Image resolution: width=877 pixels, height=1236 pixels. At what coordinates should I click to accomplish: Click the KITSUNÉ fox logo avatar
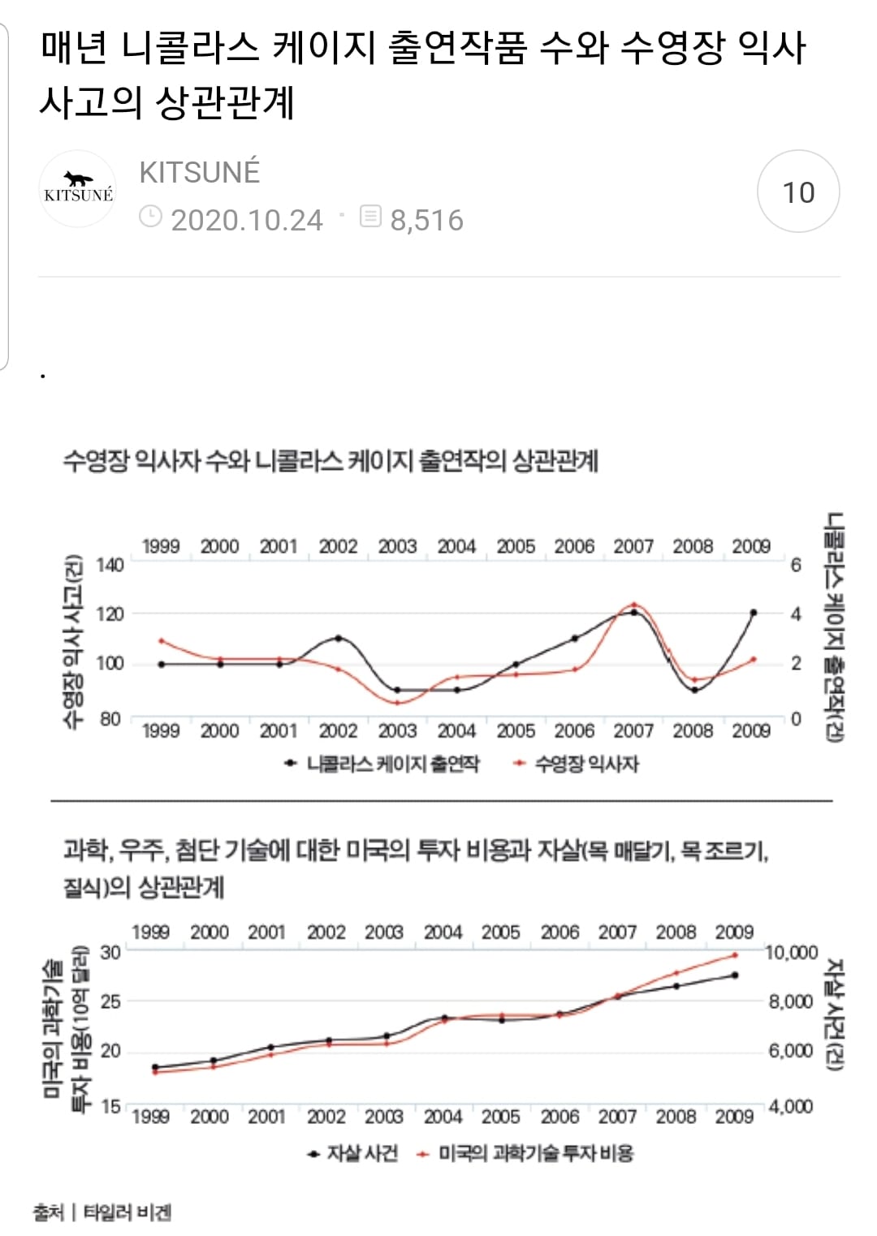point(79,190)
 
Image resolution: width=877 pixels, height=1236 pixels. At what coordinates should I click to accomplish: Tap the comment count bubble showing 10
point(797,192)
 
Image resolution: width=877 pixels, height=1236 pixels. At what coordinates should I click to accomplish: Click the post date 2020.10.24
point(246,220)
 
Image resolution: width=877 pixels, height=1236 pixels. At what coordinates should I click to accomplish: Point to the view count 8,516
point(426,220)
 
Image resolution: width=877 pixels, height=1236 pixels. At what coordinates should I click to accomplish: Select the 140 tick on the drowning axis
point(110,565)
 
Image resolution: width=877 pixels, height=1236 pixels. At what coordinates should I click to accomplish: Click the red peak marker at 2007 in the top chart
point(634,605)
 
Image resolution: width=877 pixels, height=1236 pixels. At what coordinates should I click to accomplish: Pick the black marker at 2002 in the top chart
point(338,638)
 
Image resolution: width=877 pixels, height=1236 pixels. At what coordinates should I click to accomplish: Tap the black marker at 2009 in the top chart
point(753,613)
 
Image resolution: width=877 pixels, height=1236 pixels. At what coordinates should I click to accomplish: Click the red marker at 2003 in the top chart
point(397,702)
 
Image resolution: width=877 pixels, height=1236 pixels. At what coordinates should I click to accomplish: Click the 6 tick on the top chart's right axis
point(796,565)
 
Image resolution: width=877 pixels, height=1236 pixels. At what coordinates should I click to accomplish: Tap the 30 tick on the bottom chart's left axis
point(110,952)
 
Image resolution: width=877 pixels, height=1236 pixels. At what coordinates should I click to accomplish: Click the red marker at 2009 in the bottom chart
point(735,955)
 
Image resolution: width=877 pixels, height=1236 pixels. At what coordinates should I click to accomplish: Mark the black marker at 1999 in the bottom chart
point(155,1067)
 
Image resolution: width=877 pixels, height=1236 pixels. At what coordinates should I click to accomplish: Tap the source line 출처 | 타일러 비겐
point(102,1212)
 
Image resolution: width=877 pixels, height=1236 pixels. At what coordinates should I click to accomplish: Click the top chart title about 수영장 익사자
point(330,461)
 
